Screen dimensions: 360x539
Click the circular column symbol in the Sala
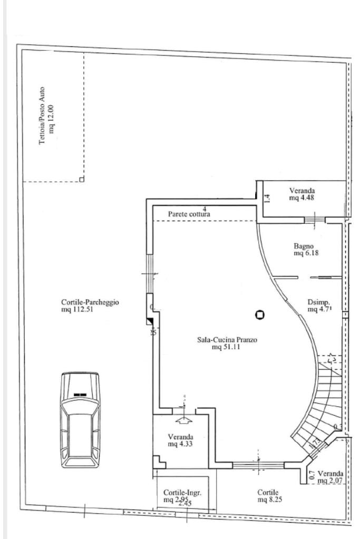tap(259, 315)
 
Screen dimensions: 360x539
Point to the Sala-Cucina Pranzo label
tap(227, 340)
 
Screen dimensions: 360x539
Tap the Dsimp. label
tap(318, 302)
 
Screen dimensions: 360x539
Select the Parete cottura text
tap(189, 214)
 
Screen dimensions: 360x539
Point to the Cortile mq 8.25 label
tap(269, 495)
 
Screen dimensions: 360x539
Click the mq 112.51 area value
tap(77, 309)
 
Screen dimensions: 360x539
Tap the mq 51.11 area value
tap(227, 347)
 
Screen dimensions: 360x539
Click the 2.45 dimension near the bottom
tap(184, 504)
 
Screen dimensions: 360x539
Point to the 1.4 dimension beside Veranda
tap(267, 198)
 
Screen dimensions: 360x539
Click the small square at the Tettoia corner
tap(81, 180)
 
